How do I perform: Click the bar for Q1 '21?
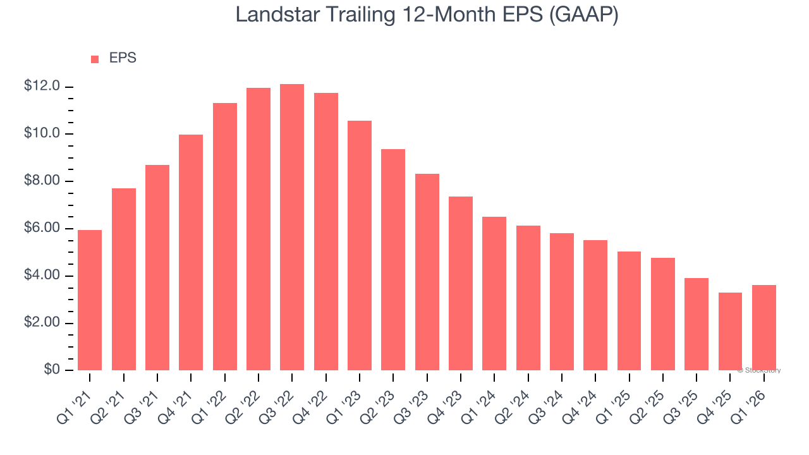click(x=90, y=300)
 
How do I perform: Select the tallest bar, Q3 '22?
click(x=292, y=227)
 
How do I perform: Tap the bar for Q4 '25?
click(x=730, y=331)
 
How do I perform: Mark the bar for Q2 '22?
click(x=259, y=229)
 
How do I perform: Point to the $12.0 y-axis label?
click(x=42, y=86)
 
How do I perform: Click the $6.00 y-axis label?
click(x=42, y=228)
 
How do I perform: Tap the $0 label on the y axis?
click(x=52, y=370)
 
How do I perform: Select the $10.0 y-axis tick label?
click(x=42, y=133)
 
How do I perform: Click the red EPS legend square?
click(x=95, y=59)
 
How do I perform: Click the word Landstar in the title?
click(x=274, y=15)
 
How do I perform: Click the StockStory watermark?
click(x=759, y=370)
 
